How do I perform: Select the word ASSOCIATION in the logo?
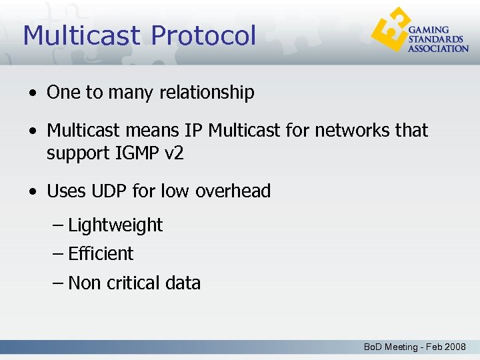point(438,49)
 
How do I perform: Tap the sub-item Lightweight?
point(115,225)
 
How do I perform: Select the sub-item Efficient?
point(101,254)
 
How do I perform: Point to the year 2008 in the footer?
point(455,347)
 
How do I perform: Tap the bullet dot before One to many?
point(33,93)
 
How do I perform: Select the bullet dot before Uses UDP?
point(33,192)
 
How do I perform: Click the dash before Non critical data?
point(58,283)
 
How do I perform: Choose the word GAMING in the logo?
point(427,30)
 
